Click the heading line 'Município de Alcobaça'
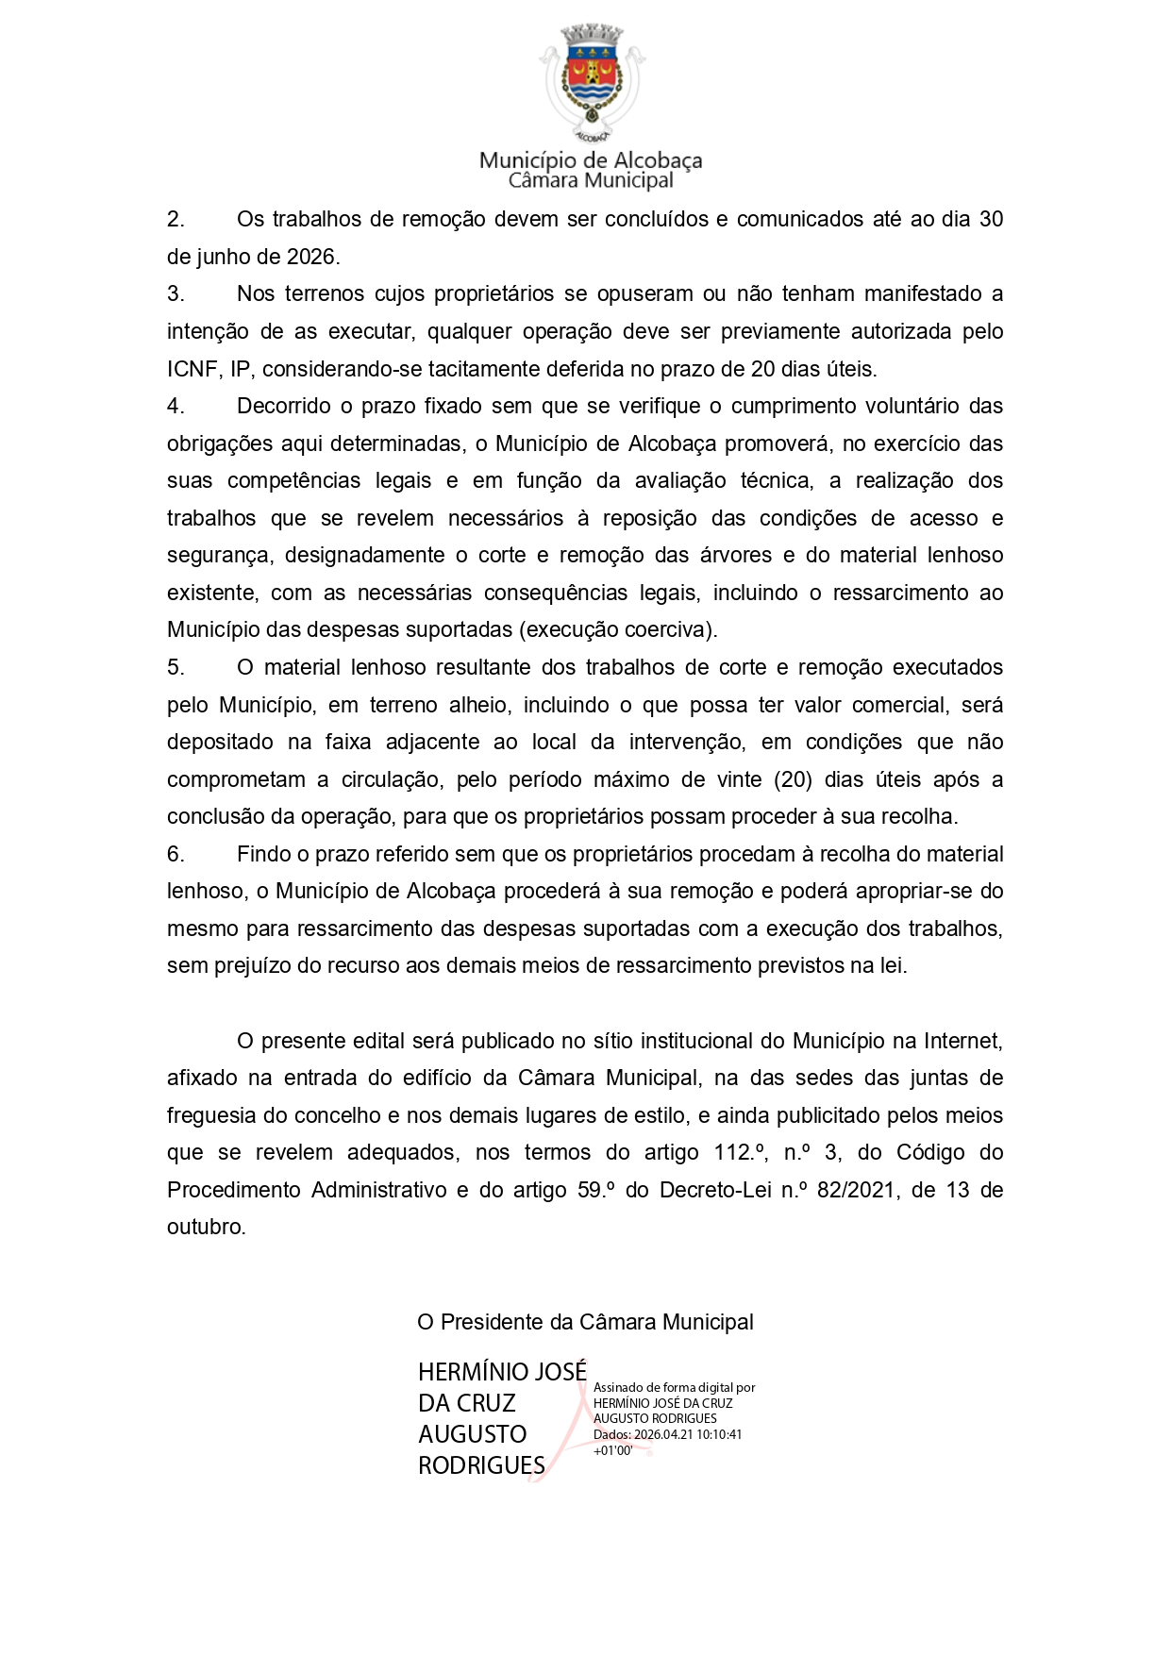coord(591,159)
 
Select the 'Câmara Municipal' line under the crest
coord(591,180)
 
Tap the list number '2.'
coord(176,220)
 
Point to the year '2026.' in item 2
coord(310,257)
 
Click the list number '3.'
coord(176,294)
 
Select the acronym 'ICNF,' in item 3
coord(192,369)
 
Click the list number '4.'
coord(176,407)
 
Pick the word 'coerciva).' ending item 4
coord(671,630)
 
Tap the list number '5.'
coord(176,668)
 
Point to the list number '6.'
coord(176,855)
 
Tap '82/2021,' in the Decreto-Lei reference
coord(858,1191)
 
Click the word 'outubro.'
coord(207,1228)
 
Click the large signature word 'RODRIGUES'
coord(481,1465)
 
